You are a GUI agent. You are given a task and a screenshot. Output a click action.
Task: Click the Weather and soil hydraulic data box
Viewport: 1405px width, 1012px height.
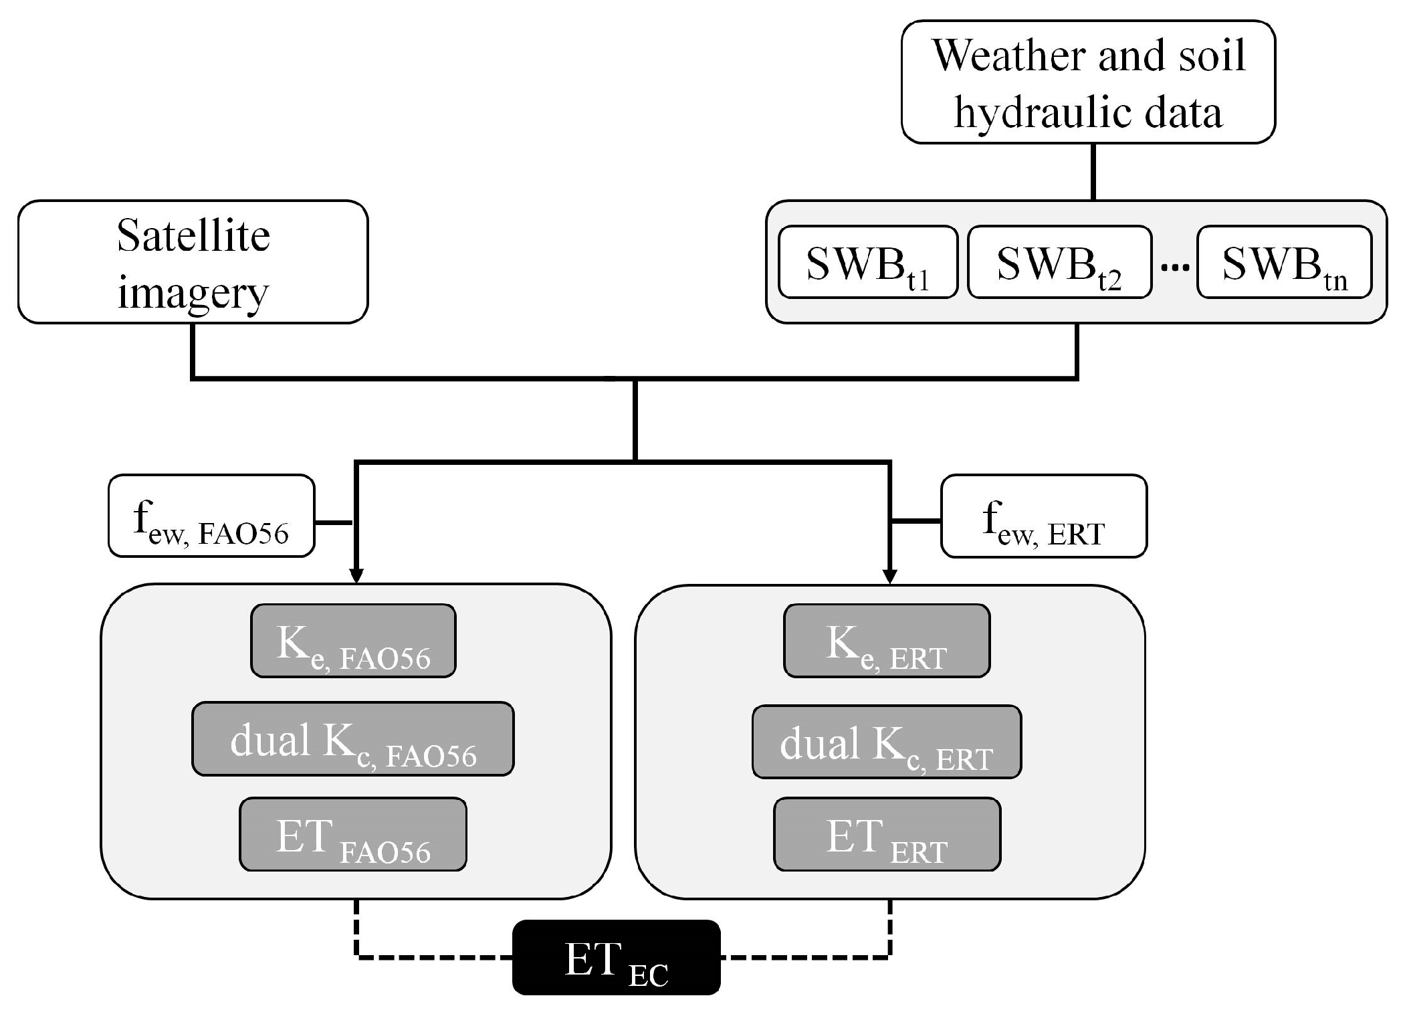coord(1087,82)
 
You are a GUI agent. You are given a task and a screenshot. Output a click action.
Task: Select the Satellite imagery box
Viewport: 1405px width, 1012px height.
coord(193,262)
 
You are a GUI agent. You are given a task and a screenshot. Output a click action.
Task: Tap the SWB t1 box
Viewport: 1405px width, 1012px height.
coord(867,262)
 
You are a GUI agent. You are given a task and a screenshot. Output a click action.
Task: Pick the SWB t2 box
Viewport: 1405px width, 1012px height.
coord(1059,262)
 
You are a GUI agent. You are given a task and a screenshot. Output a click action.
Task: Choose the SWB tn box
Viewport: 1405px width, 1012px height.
coord(1284,262)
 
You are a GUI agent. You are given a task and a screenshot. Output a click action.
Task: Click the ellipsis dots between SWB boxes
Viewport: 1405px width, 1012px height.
coord(1174,268)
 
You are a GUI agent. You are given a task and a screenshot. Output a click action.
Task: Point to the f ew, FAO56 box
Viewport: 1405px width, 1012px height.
coord(211,516)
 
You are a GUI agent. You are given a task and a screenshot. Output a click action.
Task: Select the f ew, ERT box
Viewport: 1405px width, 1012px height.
coord(1043,516)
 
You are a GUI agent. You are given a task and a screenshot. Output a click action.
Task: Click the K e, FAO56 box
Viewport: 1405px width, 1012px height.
coord(353,641)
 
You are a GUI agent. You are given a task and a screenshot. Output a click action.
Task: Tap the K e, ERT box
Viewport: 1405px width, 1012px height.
coord(886,641)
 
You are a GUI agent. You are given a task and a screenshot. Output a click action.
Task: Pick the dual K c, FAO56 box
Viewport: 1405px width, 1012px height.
coord(353,738)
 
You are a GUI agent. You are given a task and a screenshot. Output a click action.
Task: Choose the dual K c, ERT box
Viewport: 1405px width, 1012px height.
coord(886,741)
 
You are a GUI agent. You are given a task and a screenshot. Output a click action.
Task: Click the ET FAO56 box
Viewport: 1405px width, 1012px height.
coord(353,834)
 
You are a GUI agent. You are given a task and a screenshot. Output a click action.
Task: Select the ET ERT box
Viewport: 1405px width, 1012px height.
coord(886,834)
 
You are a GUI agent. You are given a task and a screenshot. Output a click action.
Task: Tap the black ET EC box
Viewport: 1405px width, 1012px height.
coord(616,957)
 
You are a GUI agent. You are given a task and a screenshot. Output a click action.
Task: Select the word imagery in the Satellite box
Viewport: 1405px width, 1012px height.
coord(193,292)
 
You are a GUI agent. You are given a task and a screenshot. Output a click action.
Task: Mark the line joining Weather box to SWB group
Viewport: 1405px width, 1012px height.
coord(1093,172)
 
